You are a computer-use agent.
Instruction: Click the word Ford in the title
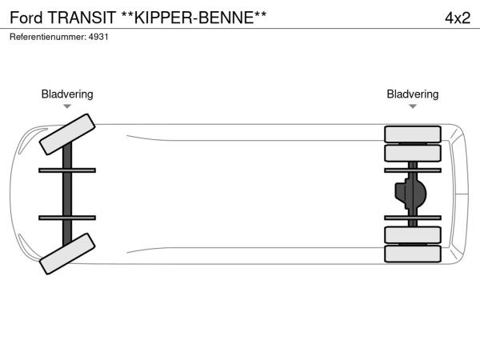[23, 18]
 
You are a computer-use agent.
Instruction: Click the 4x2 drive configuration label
[457, 18]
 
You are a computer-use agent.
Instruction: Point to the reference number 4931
[98, 37]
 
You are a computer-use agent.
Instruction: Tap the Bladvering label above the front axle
[67, 94]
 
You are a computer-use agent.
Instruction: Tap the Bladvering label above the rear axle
[412, 94]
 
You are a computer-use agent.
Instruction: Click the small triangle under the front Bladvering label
[67, 106]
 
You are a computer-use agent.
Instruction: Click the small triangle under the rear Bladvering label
[412, 106]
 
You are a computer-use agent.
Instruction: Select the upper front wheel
[67, 134]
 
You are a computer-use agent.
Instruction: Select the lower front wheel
[67, 254]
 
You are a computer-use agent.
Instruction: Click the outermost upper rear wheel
[412, 134]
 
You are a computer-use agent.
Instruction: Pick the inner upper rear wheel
[412, 153]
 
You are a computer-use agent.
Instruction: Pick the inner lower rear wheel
[412, 234]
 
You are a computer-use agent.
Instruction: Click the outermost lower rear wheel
[412, 254]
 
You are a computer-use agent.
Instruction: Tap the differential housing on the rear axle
[410, 194]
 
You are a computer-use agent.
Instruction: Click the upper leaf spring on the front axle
[67, 170]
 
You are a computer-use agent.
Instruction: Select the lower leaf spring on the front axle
[67, 218]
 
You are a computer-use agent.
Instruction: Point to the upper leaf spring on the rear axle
[412, 170]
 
